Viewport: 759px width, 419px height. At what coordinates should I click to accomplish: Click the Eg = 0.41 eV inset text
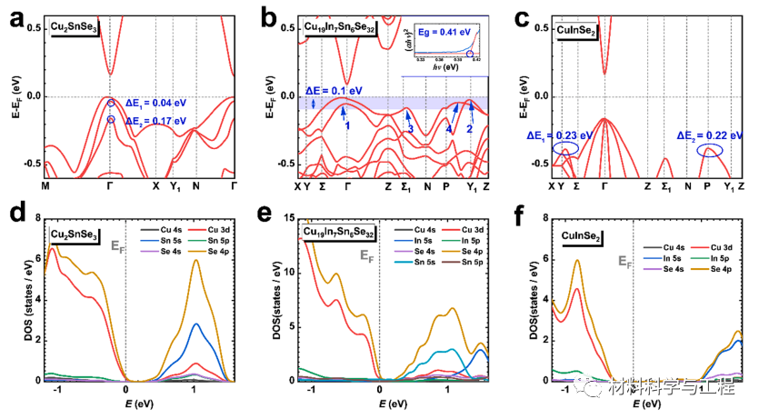click(x=439, y=31)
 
